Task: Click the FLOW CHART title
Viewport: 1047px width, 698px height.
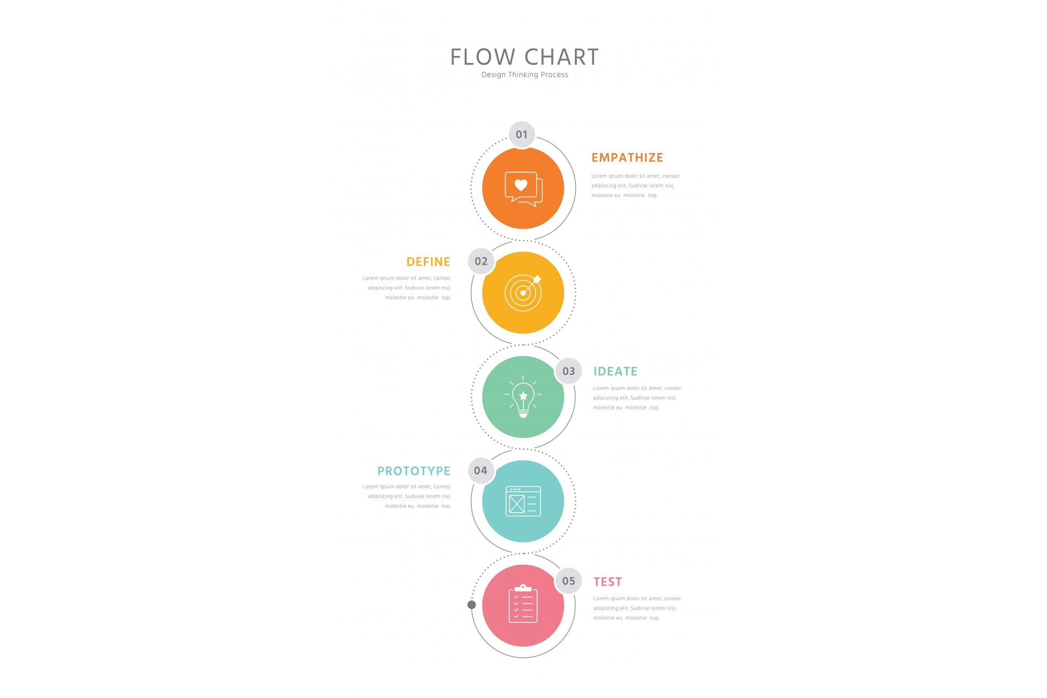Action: pos(524,57)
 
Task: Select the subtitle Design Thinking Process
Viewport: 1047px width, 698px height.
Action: pos(524,75)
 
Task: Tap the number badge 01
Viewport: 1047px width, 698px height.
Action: pos(522,134)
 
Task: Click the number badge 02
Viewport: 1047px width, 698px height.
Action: pos(481,261)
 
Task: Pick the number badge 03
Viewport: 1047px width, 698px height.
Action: pos(568,371)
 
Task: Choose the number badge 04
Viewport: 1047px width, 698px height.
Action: pos(481,470)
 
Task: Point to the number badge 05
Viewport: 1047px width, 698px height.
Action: pos(568,581)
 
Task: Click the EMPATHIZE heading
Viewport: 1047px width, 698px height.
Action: pos(627,157)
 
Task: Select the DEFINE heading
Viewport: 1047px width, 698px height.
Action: pos(428,262)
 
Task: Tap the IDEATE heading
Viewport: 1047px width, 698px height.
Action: pos(615,371)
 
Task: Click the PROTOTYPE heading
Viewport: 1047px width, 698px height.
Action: pos(414,471)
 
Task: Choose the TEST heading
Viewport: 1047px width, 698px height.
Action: pos(608,582)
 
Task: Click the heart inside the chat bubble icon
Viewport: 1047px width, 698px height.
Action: pos(521,184)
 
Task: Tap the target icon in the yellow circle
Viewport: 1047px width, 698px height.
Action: pos(523,293)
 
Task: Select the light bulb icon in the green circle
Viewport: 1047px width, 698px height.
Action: pos(523,397)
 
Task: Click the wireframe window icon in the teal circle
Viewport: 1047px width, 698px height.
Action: pos(523,501)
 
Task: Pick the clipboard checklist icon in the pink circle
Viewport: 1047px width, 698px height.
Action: pos(523,604)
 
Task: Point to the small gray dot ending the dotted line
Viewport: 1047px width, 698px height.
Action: pos(472,605)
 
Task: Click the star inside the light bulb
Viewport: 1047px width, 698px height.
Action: pos(523,396)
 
